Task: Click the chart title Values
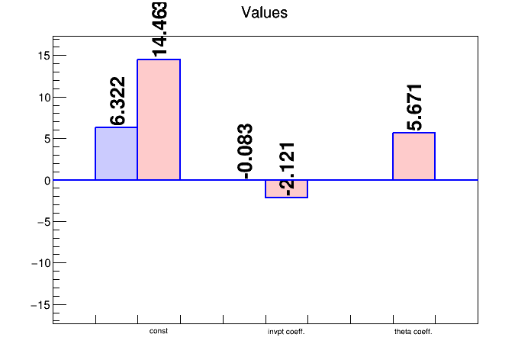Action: (264, 13)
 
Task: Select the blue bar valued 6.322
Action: (116, 153)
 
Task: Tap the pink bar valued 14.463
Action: (159, 120)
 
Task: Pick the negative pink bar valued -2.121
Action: (286, 188)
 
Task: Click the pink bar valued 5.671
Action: (414, 156)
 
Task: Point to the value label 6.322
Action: (117, 101)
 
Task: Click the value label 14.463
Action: (159, 29)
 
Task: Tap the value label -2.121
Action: (288, 169)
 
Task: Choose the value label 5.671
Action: (414, 108)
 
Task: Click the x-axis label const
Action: (159, 331)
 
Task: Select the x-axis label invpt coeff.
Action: (286, 332)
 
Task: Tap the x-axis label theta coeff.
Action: (414, 332)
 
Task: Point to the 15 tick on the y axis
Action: (43, 56)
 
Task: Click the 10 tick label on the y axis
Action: (43, 98)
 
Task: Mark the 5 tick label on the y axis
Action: (46, 139)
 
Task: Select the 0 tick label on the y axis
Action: (46, 181)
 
